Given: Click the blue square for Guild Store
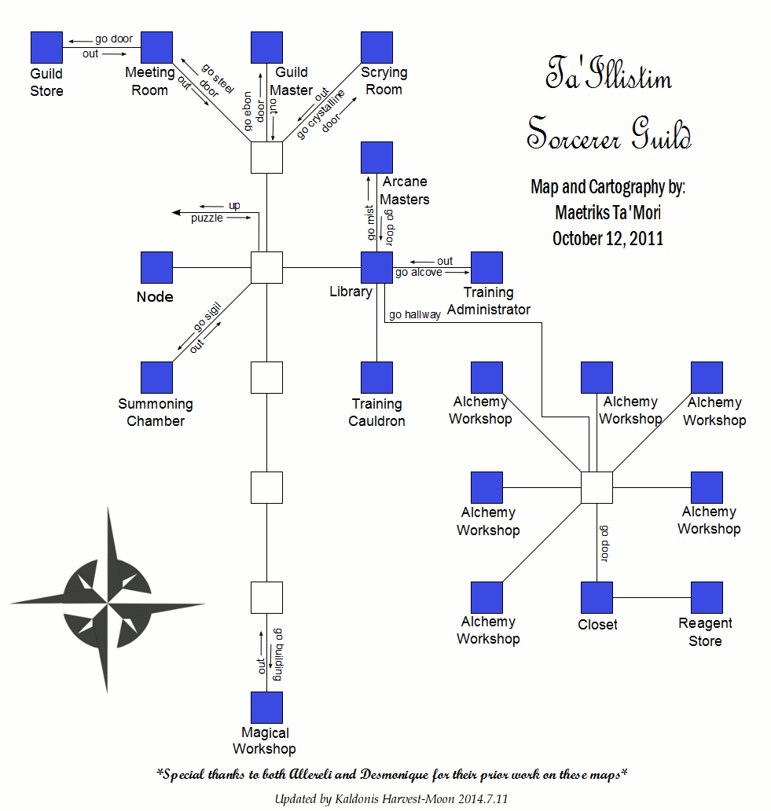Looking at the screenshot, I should click(46, 47).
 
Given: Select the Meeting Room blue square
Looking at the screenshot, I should click(156, 47).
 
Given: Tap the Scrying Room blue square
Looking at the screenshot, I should click(376, 47).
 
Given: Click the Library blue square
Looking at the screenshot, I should click(376, 267).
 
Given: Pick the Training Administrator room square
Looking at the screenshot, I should click(486, 267).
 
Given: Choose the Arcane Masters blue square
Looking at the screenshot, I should click(376, 157).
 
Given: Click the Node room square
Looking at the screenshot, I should click(156, 267).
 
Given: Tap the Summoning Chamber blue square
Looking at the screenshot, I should click(156, 377).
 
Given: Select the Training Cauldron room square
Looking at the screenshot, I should click(376, 377).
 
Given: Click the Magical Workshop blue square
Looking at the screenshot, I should click(266, 707).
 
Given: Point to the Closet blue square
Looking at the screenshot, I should click(597, 597).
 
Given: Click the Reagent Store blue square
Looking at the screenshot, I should click(707, 597).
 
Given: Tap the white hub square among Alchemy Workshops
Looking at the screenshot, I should click(597, 487).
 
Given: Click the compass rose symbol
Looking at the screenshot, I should click(108, 602).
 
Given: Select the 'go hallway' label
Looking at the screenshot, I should click(415, 314).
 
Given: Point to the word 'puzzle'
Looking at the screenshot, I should click(207, 218).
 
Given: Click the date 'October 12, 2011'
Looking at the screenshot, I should click(608, 238).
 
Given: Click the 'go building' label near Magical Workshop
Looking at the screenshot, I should click(277, 655).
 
